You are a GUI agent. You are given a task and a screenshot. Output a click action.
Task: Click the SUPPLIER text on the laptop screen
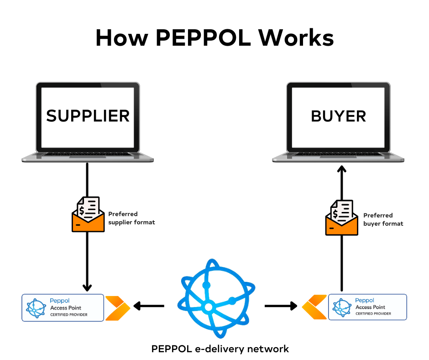[x=88, y=116]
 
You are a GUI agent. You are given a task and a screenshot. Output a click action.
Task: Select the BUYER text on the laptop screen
[x=338, y=116]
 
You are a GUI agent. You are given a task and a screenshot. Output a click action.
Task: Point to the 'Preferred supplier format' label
[x=131, y=218]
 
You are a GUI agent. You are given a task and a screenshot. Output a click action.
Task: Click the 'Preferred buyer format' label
[x=383, y=219]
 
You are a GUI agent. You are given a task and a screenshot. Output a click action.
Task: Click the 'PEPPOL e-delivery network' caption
[x=220, y=349]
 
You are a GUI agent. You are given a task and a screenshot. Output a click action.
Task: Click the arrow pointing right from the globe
[x=281, y=306]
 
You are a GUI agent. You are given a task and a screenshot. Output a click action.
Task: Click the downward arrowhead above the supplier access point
[x=88, y=286]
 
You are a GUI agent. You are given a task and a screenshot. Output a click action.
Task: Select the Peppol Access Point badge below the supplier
[x=63, y=307]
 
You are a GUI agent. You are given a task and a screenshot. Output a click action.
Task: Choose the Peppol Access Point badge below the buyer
[x=367, y=307]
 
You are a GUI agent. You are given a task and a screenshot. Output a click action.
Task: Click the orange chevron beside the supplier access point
[x=117, y=308]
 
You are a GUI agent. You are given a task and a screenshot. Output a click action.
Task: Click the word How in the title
[x=121, y=38]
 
